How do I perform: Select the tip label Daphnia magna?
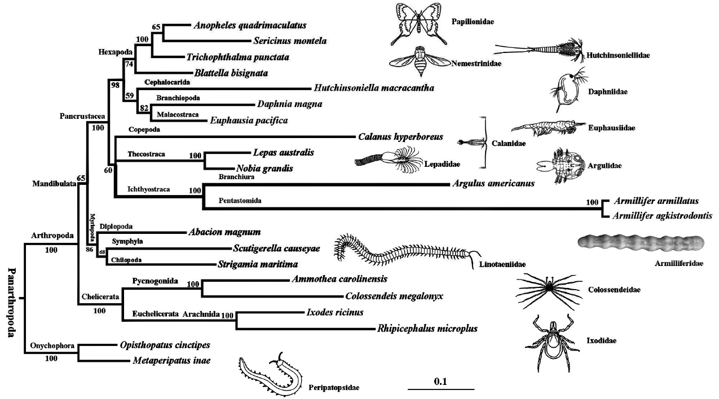tap(289, 104)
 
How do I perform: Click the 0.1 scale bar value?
tap(440, 382)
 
